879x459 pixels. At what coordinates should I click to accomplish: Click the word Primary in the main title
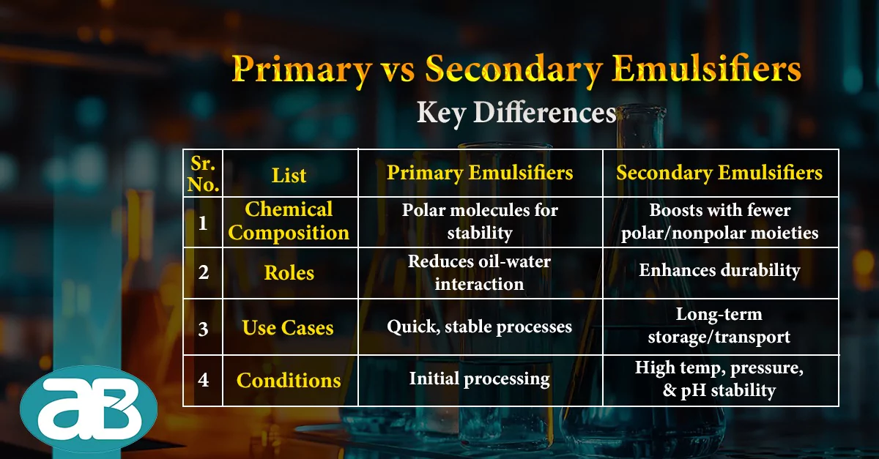(302, 70)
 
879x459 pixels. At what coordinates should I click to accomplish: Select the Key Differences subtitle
(516, 113)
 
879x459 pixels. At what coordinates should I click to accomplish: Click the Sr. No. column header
(203, 173)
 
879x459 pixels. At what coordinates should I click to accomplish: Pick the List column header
(289, 176)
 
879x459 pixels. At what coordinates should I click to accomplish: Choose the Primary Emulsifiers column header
(480, 173)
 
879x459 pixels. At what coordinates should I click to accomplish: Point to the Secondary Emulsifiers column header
(719, 173)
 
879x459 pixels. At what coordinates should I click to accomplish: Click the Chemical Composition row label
(289, 221)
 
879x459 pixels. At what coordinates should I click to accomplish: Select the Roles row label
(289, 272)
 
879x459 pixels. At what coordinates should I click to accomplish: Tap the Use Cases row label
(288, 327)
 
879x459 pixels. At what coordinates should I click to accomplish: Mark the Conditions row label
(289, 380)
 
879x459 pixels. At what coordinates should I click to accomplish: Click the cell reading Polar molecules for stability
(480, 222)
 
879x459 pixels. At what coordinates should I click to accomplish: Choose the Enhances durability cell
(719, 271)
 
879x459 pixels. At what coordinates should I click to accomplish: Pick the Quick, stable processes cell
(480, 327)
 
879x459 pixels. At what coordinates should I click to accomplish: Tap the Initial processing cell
(480, 379)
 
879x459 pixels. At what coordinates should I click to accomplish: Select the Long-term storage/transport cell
(719, 326)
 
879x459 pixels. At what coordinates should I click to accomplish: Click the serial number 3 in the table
(204, 329)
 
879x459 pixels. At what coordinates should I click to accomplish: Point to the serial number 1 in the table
(203, 223)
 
